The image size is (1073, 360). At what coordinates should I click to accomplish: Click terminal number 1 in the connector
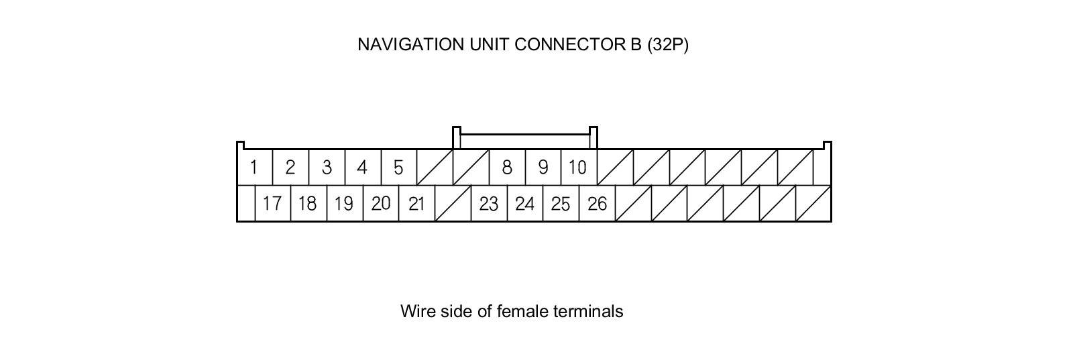254,167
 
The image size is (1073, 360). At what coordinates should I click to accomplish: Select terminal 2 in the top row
290,167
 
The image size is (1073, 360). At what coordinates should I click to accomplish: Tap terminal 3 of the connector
327,167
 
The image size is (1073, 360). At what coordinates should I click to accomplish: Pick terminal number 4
363,167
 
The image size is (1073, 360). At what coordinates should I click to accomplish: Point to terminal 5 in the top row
398,167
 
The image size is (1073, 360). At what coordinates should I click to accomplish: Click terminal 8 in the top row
507,167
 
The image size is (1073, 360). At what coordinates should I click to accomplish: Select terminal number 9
543,167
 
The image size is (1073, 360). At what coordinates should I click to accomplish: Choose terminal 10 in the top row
578,167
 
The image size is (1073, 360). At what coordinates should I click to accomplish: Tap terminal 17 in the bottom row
272,203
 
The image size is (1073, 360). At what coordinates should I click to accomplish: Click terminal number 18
308,203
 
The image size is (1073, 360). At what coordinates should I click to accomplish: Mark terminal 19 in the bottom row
344,203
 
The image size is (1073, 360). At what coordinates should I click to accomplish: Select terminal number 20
380,203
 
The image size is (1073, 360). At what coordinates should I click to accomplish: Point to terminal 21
416,203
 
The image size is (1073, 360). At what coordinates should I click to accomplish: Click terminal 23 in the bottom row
489,203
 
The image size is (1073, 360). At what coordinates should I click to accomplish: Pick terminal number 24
524,203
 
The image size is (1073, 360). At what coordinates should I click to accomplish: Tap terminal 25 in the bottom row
561,203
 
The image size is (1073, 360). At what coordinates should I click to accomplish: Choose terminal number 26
597,203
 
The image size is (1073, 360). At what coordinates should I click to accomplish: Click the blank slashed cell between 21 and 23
453,203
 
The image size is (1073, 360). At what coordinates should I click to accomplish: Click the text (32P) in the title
667,44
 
